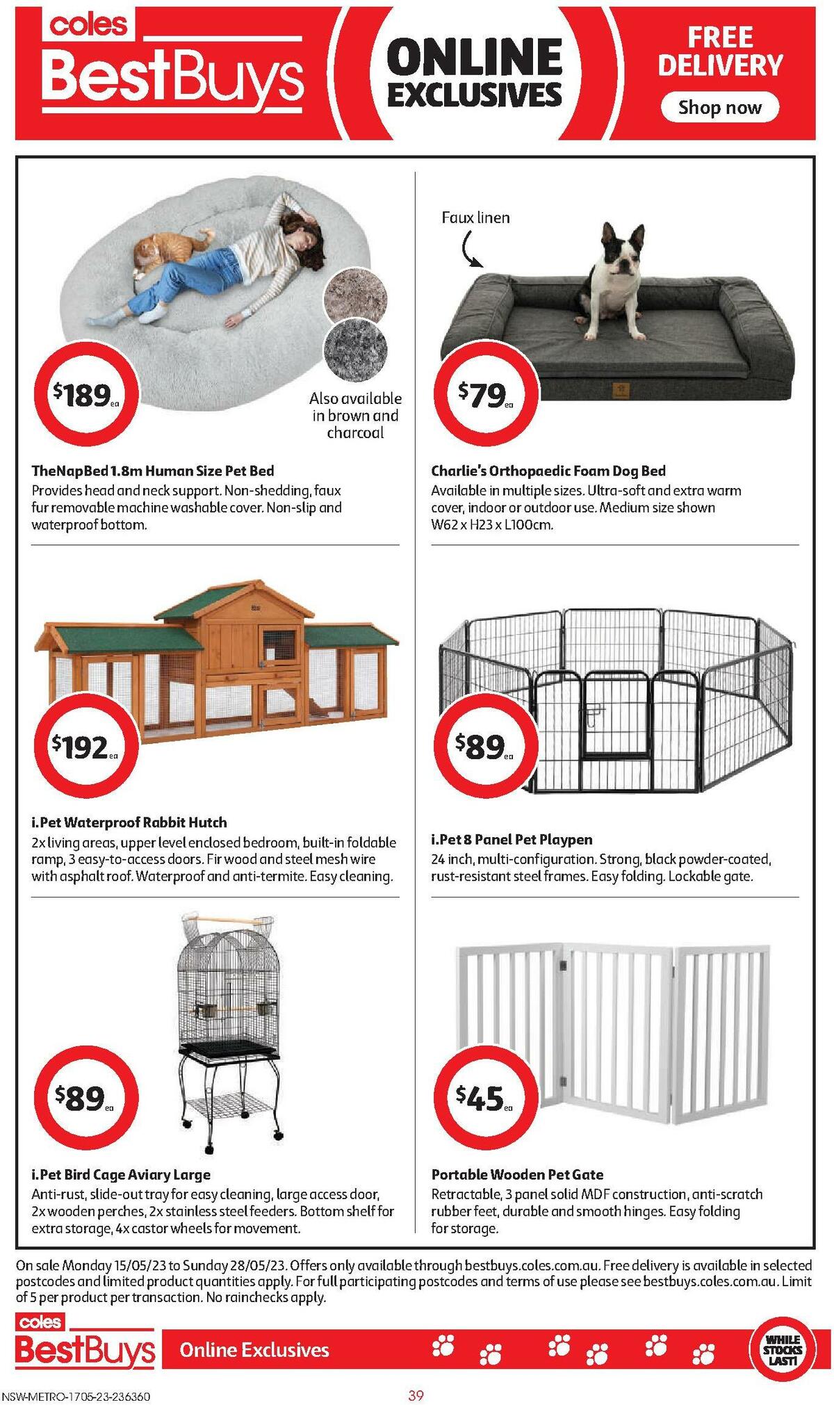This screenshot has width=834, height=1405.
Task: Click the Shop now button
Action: point(719,108)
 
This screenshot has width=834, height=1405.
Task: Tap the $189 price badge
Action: point(87,395)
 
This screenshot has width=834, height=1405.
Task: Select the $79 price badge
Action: point(486,395)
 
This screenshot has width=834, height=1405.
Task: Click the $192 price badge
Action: point(86,747)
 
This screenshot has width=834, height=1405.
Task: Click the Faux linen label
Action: point(475,218)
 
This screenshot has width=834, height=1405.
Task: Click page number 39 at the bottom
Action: point(416,1395)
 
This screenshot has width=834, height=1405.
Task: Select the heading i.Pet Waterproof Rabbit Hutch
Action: point(129,822)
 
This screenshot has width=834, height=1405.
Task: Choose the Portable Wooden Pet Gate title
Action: point(517,1174)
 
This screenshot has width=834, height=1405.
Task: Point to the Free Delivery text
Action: point(720,51)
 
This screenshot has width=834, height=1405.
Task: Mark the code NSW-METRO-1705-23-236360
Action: point(76,1396)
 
